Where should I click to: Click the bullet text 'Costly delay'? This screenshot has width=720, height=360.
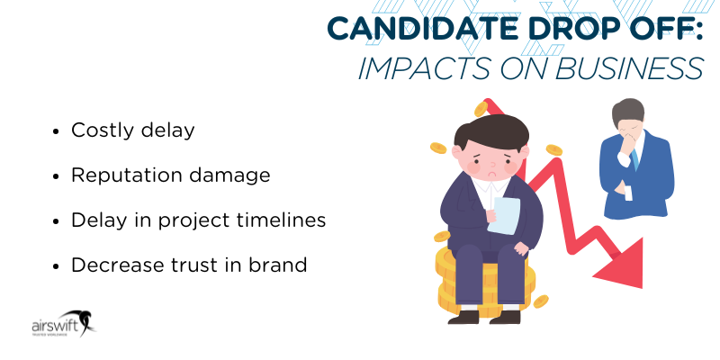click(132, 130)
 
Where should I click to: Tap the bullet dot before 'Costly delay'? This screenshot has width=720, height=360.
click(57, 130)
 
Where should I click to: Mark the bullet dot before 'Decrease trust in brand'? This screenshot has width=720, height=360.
click(57, 266)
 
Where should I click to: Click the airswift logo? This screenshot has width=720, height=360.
click(60, 325)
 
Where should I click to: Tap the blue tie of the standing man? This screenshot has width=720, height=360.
click(634, 157)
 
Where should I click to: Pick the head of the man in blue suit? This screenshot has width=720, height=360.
click(626, 118)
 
